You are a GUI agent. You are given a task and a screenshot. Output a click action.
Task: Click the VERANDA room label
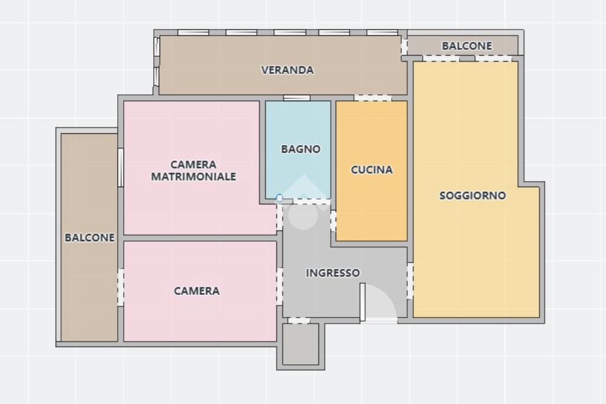click(287, 70)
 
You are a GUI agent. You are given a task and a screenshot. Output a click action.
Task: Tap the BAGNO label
click(301, 149)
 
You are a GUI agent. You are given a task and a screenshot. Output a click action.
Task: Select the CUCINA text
click(372, 169)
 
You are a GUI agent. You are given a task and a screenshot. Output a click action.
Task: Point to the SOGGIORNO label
click(473, 195)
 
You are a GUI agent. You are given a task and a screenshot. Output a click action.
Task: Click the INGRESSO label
click(333, 273)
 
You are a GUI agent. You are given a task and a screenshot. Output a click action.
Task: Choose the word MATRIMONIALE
click(194, 177)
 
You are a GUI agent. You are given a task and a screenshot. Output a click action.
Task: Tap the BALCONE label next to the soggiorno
click(467, 46)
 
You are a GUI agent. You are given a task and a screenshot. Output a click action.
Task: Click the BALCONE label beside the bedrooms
click(90, 238)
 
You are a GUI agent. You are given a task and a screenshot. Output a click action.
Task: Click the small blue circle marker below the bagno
click(279, 198)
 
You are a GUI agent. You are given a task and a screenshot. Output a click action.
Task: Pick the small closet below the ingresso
click(301, 344)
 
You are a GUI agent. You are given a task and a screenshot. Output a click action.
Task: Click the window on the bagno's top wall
click(297, 98)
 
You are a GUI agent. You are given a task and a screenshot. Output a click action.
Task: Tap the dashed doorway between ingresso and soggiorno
click(410, 281)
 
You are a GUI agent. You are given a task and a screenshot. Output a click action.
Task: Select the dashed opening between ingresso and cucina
click(333, 221)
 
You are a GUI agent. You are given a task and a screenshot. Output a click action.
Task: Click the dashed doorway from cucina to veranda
click(373, 98)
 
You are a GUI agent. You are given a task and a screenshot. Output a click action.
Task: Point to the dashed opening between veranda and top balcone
click(404, 46)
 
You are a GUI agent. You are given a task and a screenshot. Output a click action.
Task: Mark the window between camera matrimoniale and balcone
click(121, 168)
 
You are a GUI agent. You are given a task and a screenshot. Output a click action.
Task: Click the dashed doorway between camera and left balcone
click(121, 287)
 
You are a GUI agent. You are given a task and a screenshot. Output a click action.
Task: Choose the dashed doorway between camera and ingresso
click(279, 286)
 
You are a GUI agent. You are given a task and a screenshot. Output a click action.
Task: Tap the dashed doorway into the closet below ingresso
click(299, 320)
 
